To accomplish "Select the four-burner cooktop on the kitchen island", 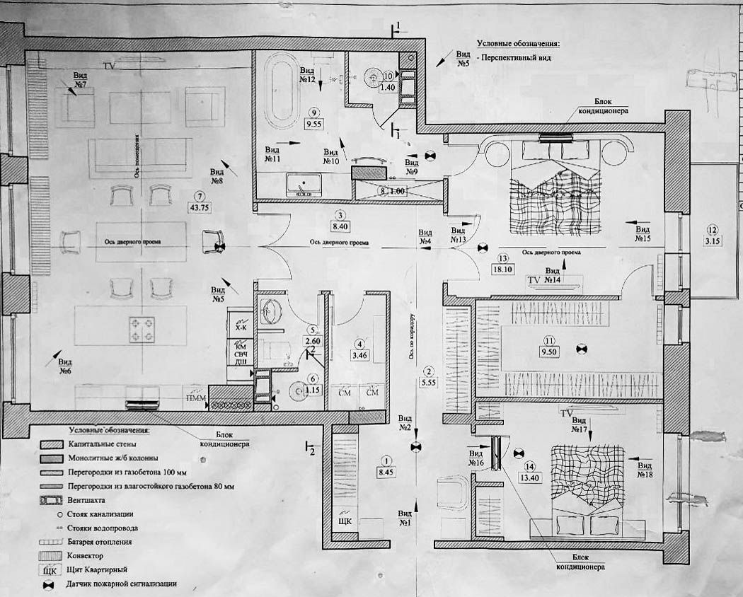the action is click(137, 325).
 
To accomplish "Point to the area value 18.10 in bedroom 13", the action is click(504, 269).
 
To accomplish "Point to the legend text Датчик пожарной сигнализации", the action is click(120, 584).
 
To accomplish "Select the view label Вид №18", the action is click(645, 470).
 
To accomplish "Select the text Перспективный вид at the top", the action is click(514, 58).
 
